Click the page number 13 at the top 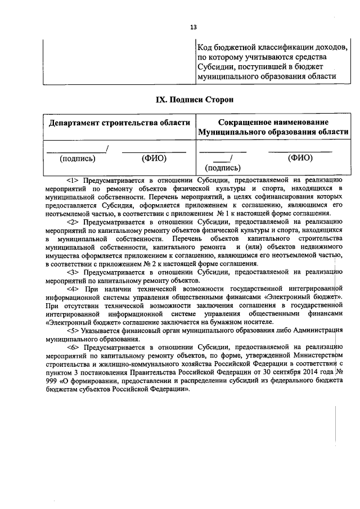pos(193,27)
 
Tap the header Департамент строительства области pos(119,123)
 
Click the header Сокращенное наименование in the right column pos(273,121)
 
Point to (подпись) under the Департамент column pos(77,159)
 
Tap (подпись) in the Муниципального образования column pos(223,168)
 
